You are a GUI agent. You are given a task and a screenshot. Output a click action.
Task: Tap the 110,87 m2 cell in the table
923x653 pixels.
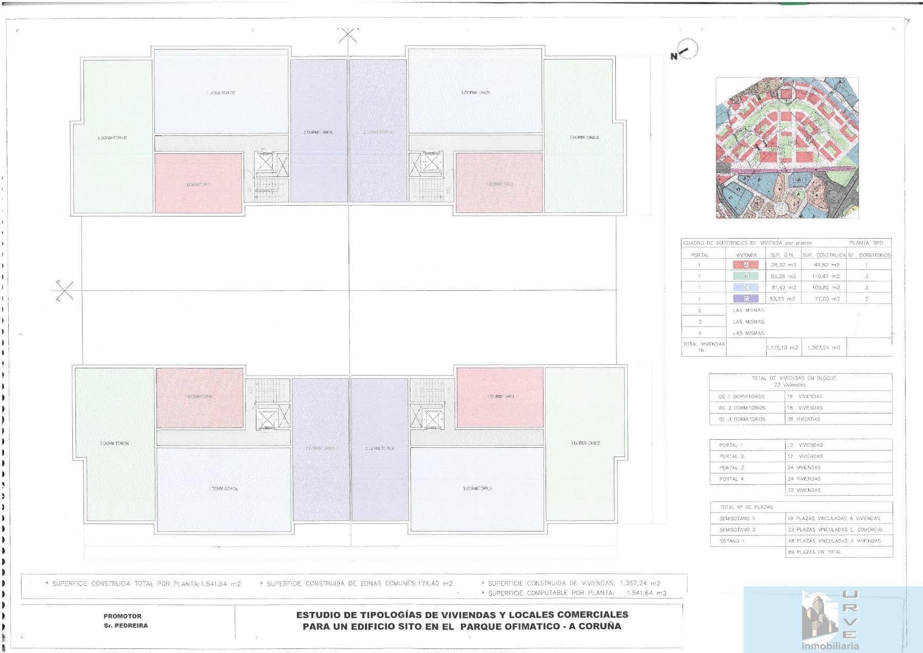point(827,276)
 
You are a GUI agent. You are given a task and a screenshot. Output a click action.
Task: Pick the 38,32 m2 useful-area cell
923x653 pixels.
point(783,265)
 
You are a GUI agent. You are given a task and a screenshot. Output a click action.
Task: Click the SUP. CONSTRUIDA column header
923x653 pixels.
point(824,255)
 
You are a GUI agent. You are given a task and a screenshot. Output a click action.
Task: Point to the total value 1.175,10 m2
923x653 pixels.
point(782,348)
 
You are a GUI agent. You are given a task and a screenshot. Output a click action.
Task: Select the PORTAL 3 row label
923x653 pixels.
point(731,468)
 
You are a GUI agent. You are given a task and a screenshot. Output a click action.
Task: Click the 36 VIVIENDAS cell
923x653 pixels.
point(804,419)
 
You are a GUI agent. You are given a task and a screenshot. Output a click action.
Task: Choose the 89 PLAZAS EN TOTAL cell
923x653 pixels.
point(814,552)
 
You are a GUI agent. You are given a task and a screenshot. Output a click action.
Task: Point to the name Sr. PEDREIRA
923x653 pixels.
point(126,626)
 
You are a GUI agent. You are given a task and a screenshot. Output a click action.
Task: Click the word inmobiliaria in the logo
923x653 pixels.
point(830,646)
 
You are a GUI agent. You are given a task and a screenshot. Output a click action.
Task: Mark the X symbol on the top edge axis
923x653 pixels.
point(348,35)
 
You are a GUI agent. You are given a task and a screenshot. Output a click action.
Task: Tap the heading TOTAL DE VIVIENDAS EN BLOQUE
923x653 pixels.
point(794,378)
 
